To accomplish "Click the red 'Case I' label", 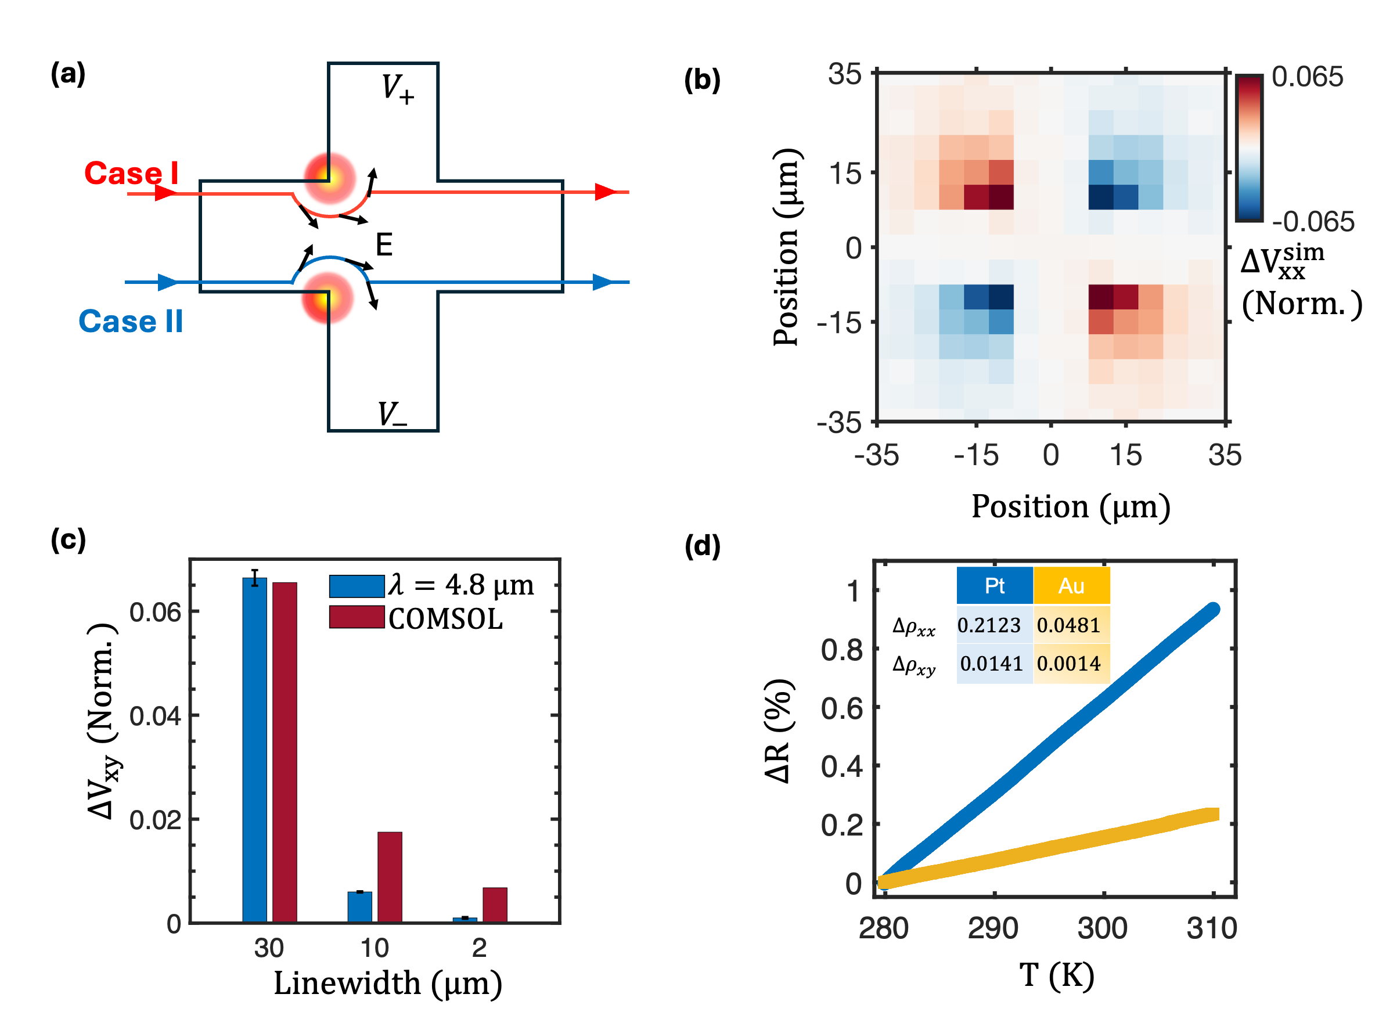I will pyautogui.click(x=131, y=174).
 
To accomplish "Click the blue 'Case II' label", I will pyautogui.click(x=131, y=321).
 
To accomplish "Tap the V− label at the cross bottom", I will pyautogui.click(x=393, y=414).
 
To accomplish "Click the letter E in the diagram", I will pyautogui.click(x=384, y=245).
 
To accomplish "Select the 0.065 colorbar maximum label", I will pyautogui.click(x=1306, y=77).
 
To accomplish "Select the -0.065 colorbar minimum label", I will pyautogui.click(x=1313, y=222).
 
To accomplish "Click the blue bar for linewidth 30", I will pyautogui.click(x=254, y=750).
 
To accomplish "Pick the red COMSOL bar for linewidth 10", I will pyautogui.click(x=389, y=877).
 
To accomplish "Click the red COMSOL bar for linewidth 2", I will pyautogui.click(x=495, y=904).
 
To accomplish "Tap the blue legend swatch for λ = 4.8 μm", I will pyautogui.click(x=357, y=586).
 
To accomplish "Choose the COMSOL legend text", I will pyautogui.click(x=445, y=619).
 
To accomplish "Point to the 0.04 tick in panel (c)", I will pyautogui.click(x=155, y=716).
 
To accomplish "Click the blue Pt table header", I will pyautogui.click(x=993, y=585).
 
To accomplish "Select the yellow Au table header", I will pyautogui.click(x=1071, y=585).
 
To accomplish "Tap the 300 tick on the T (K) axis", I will pyautogui.click(x=1101, y=928).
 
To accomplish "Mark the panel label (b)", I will pyautogui.click(x=702, y=80).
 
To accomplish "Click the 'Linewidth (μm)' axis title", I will pyautogui.click(x=387, y=982).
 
